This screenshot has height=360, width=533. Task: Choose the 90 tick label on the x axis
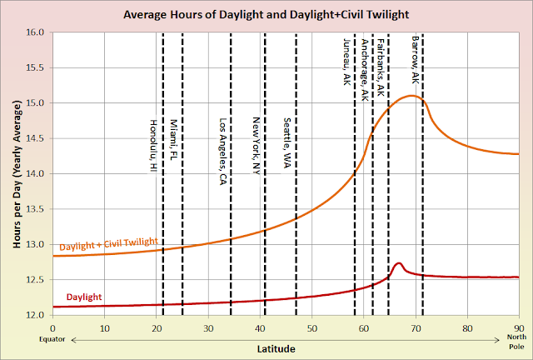[x=518, y=327]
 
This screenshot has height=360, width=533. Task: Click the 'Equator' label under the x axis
[x=52, y=340]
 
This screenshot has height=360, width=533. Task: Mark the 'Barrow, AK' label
[x=415, y=57]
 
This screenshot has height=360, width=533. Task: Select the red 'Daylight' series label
[x=86, y=296]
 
